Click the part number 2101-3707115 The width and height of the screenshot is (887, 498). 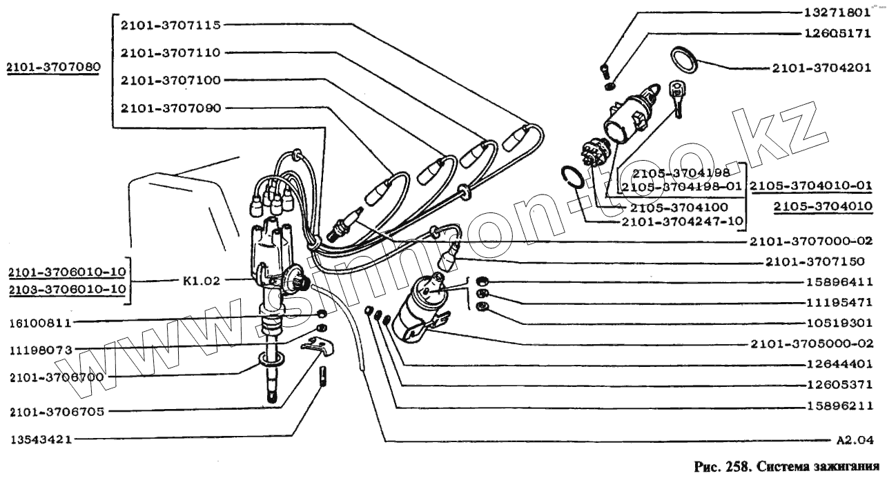[x=170, y=25]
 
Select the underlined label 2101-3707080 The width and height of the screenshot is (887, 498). [x=52, y=67]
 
